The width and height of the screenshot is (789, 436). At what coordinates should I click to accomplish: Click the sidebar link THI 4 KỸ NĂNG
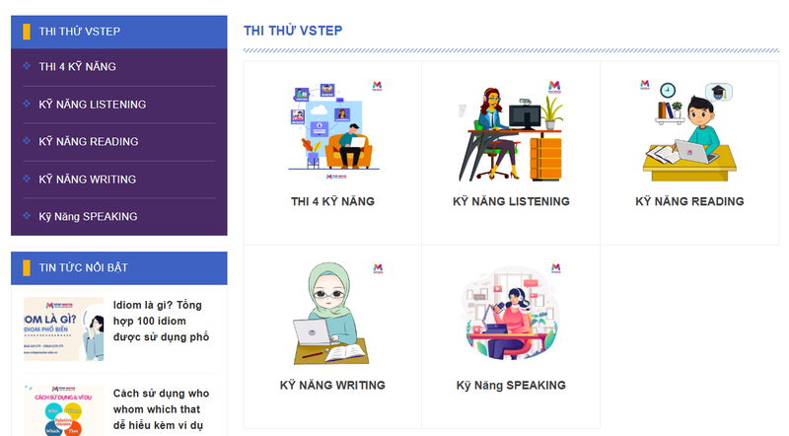pos(77,66)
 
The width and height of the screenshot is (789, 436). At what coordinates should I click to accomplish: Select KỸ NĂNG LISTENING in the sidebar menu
pos(92,104)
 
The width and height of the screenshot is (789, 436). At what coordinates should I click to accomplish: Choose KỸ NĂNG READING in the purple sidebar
pos(88,141)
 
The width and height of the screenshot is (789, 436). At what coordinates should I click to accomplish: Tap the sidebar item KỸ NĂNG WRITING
pos(87,179)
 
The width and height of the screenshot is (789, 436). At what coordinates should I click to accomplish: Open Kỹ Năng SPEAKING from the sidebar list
pos(88,216)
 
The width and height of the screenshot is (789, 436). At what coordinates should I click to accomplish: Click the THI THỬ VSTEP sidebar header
pos(79,31)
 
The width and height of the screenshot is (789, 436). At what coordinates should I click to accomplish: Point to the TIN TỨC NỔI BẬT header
pos(83,267)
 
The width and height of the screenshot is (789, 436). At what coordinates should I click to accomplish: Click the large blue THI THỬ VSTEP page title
pos(293,30)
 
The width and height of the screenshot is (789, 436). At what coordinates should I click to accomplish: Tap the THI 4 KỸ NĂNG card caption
pos(332,201)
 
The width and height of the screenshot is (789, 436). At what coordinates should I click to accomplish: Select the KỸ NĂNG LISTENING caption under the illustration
pos(511,201)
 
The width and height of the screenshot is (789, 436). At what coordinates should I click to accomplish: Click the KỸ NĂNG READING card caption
pos(689,201)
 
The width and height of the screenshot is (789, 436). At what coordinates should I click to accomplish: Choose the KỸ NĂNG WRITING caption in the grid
pos(332,385)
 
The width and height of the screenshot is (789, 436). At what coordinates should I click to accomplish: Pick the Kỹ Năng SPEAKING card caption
pos(511,385)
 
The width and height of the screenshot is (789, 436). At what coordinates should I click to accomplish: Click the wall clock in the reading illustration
pos(668,89)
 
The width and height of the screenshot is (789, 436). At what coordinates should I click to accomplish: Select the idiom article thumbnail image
pos(63,328)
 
